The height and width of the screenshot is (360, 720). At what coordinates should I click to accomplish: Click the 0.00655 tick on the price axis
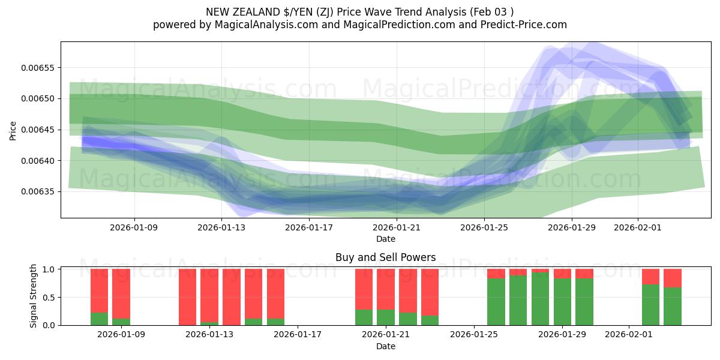tap(38, 68)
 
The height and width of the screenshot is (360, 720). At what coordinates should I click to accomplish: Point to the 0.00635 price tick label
tap(38, 192)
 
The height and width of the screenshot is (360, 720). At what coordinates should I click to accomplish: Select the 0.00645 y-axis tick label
tap(38, 130)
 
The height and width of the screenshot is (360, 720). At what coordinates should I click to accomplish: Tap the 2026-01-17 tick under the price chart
tap(309, 227)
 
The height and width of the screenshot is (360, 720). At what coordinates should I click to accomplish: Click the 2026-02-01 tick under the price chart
tap(637, 227)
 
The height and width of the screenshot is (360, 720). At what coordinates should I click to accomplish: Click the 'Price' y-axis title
tap(13, 130)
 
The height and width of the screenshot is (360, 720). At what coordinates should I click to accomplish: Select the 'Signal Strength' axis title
tap(34, 296)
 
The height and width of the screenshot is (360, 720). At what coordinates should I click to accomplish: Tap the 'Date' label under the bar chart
tap(385, 346)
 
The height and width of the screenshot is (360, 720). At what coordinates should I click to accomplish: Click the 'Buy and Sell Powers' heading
tap(385, 257)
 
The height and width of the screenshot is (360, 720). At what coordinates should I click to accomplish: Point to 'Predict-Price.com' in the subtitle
tap(524, 25)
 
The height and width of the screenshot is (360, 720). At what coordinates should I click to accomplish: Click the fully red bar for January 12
tap(187, 297)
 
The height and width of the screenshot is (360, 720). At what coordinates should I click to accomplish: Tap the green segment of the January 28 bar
tap(540, 299)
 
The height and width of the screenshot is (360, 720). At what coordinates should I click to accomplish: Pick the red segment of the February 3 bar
tap(673, 278)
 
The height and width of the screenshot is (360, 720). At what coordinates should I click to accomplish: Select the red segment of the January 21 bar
tap(385, 289)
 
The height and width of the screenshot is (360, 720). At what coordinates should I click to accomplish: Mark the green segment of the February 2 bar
tap(650, 305)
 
